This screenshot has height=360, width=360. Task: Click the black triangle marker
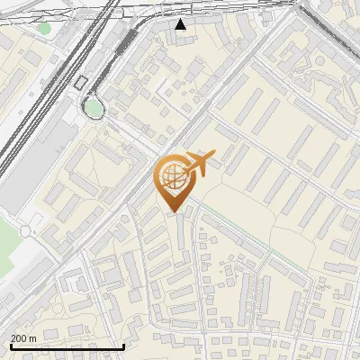point(182,24)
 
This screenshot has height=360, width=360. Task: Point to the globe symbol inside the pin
point(175,176)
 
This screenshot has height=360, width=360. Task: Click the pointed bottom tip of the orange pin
point(175,211)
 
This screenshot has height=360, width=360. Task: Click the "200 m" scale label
point(24,338)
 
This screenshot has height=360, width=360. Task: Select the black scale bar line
point(67,346)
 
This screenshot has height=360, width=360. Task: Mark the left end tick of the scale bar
point(11,345)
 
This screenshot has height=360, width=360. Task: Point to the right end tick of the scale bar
point(123,345)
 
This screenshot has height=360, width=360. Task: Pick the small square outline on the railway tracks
point(81,82)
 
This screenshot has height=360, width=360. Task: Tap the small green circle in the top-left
point(44,28)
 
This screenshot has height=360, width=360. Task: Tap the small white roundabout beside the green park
point(25,230)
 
